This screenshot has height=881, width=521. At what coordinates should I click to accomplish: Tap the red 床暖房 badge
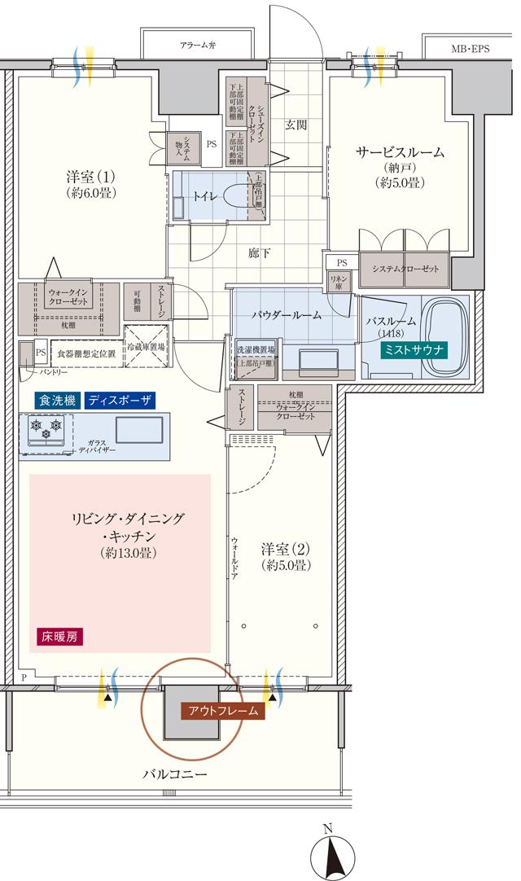[x=59, y=636]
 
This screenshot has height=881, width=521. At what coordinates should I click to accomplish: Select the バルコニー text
[x=170, y=774]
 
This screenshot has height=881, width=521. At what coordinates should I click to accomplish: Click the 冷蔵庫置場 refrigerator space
[x=146, y=344]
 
